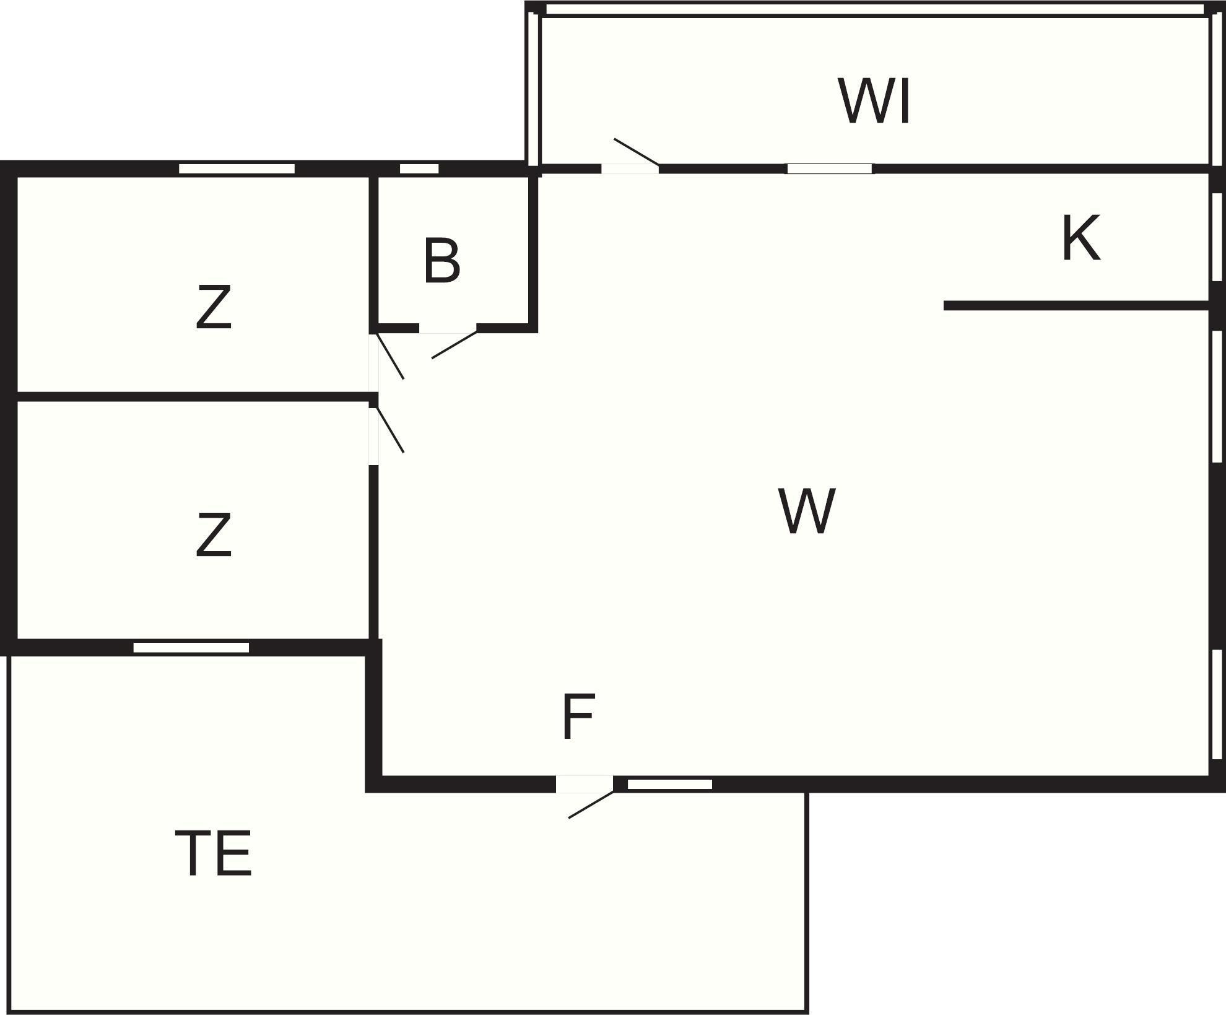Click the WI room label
point(874,102)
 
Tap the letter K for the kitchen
point(1080,238)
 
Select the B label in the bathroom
point(442,261)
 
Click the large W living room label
point(807,511)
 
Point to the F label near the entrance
point(578,717)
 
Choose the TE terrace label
point(214,854)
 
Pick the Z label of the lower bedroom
point(214,535)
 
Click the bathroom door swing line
point(454,345)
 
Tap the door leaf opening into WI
point(636,152)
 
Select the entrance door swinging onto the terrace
point(591,804)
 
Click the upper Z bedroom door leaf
point(391,357)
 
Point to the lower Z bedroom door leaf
point(391,430)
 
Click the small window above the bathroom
point(419,168)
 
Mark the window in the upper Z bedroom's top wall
point(237,168)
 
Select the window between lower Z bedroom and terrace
point(191,648)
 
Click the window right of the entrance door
point(670,784)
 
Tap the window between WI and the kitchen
point(830,168)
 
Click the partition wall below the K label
point(1076,305)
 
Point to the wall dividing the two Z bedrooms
point(192,397)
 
